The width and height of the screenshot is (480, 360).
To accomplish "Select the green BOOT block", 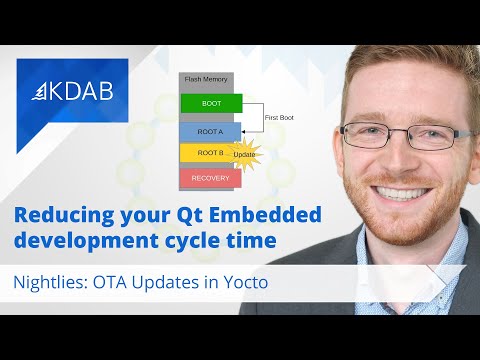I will pyautogui.click(x=211, y=102).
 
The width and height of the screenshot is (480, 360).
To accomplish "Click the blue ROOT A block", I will pyautogui.click(x=210, y=130).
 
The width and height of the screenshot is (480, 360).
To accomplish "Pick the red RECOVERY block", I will pyautogui.click(x=210, y=178).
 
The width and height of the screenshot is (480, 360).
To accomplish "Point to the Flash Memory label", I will pyautogui.click(x=208, y=78).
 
